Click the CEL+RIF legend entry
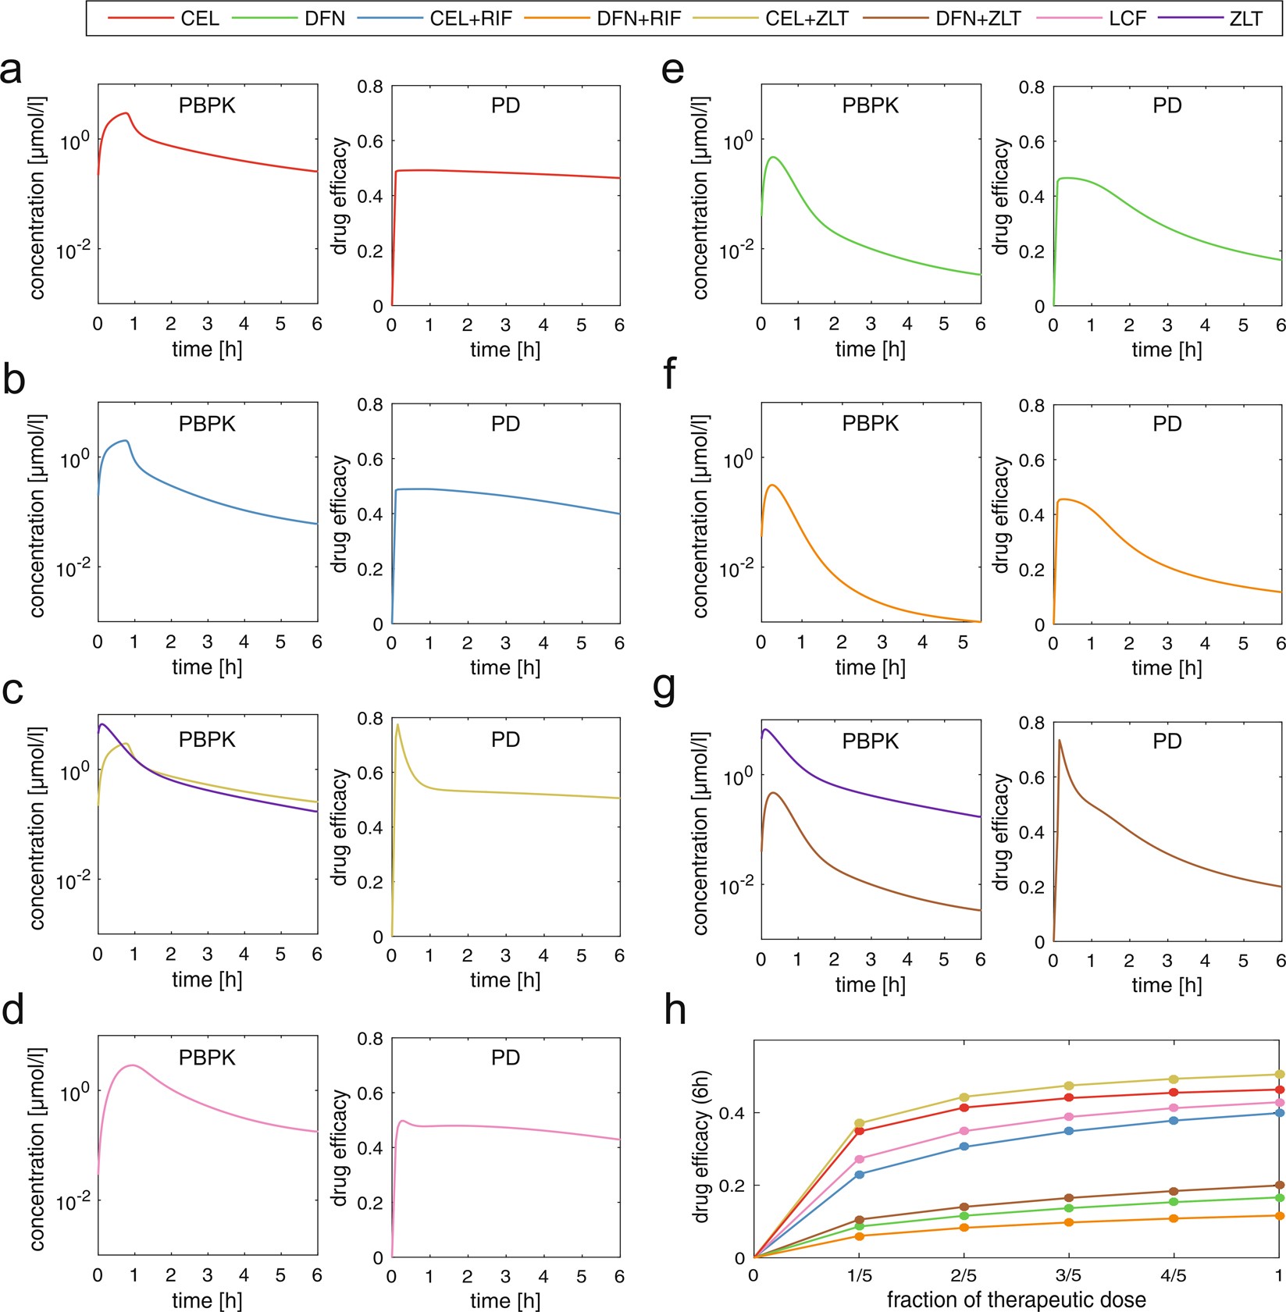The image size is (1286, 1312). (470, 18)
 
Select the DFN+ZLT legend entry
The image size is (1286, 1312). (978, 18)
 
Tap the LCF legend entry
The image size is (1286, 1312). (1127, 18)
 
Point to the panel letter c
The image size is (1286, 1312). (13, 691)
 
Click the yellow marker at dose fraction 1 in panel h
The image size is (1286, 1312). (1279, 1075)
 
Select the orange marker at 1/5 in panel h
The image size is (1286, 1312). (860, 1236)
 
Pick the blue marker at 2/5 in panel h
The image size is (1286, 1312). (964, 1147)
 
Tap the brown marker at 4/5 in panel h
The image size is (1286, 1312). (1174, 1191)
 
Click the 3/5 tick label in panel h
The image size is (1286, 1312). (1068, 1275)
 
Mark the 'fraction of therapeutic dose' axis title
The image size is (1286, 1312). (1016, 1300)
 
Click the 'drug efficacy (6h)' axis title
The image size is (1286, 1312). (701, 1147)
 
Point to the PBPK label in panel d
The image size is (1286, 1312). (207, 1058)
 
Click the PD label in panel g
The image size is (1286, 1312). (1167, 741)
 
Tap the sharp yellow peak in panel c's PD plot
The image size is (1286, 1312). (397, 725)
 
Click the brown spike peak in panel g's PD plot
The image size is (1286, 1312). (1060, 740)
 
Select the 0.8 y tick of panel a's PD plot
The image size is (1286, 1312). (370, 87)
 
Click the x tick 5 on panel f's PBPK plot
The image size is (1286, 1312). (963, 642)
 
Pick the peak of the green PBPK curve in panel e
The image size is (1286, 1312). (773, 157)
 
